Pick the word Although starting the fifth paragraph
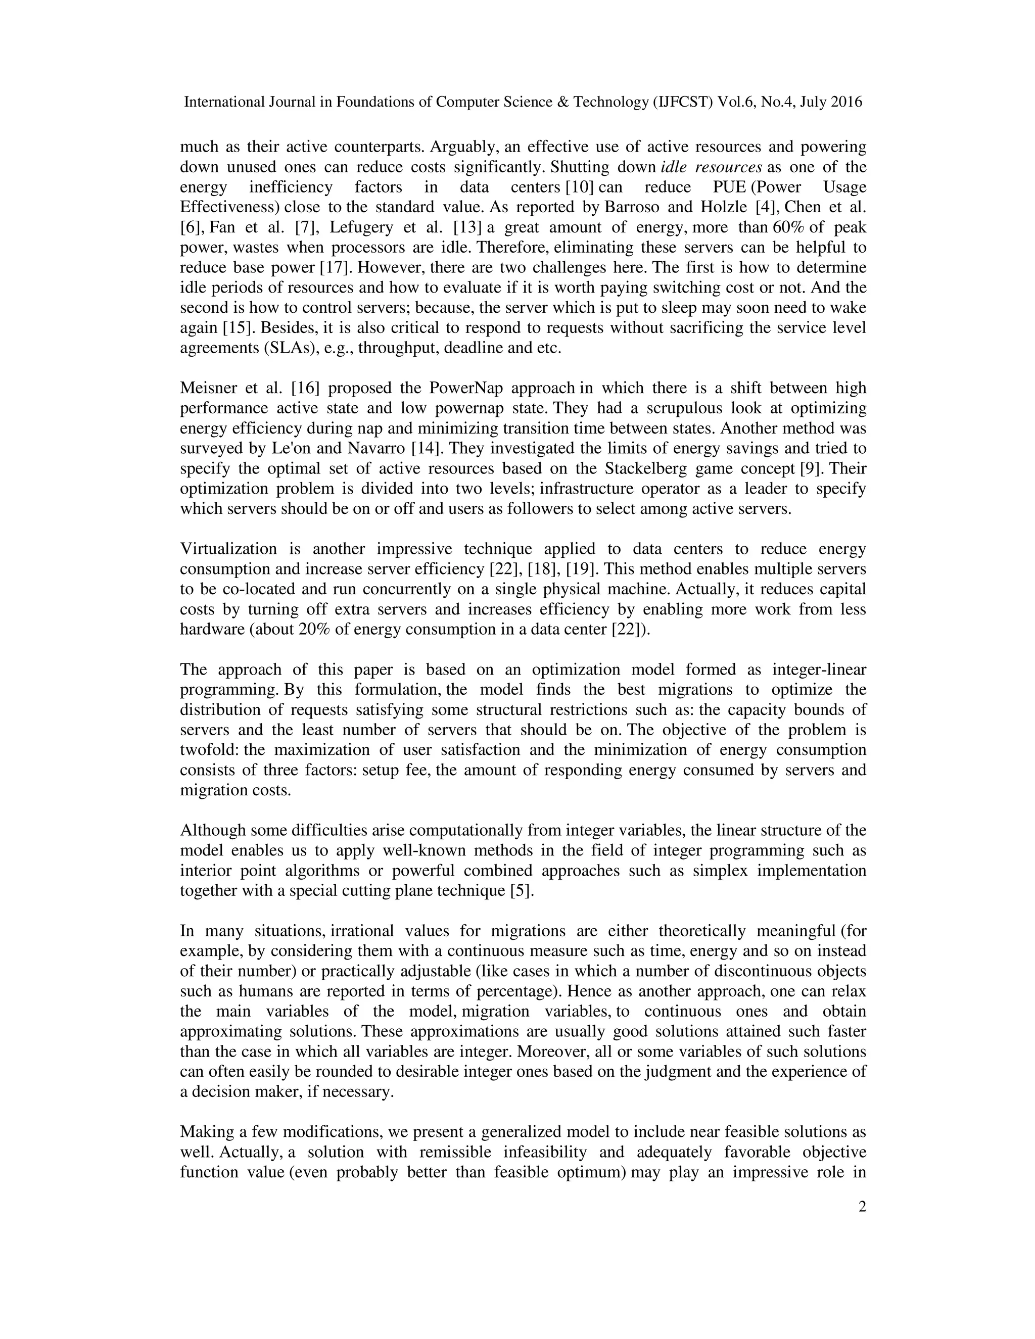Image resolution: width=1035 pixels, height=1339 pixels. (x=210, y=830)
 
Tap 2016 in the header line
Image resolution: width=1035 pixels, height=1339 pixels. (x=846, y=102)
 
